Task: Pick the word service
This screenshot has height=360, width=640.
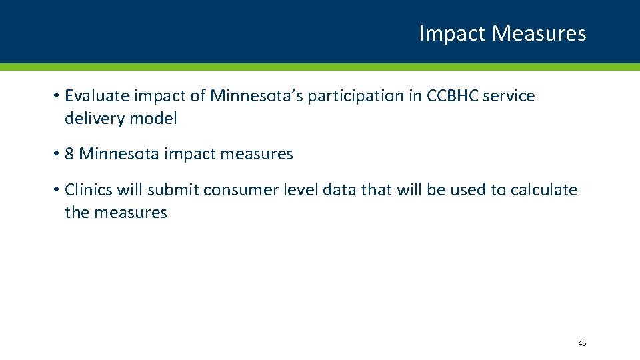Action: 511,96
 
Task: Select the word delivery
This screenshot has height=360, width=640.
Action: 92,119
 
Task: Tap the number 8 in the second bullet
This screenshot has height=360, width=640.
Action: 70,154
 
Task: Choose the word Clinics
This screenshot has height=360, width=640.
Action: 89,190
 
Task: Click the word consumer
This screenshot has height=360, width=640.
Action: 233,191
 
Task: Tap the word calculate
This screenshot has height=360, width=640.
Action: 544,190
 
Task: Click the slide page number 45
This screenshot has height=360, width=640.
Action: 582,343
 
